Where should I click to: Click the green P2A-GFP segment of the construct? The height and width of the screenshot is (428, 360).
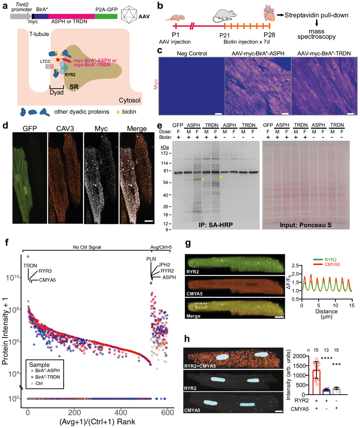coord(106,16)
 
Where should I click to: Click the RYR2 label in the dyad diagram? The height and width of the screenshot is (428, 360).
coord(70,75)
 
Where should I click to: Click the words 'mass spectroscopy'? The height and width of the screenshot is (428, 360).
coord(316,34)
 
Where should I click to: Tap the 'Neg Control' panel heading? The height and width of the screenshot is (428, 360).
coord(192,53)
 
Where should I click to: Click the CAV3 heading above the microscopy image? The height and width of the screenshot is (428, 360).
coord(65,129)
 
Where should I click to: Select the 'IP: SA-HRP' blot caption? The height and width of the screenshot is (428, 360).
coord(216,225)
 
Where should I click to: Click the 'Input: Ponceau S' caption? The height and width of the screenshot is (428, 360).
coord(306,225)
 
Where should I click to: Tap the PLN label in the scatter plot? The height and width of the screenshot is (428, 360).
coord(151,259)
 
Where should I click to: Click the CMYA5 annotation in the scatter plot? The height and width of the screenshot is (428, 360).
coord(47,280)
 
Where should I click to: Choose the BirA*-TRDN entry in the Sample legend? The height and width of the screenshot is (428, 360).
coord(47,377)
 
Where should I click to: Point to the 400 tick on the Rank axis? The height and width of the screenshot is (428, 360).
coord(121,413)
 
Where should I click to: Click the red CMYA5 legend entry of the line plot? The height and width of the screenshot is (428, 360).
coord(332,265)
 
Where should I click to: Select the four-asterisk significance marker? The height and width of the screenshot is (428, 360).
coord(326,359)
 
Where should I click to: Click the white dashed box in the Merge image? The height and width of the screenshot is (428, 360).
coord(201,305)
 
